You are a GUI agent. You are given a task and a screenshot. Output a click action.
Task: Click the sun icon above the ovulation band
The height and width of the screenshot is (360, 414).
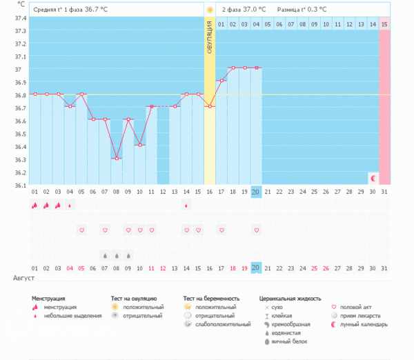[210, 10]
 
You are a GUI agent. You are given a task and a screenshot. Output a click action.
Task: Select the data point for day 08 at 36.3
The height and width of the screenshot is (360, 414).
[117, 159]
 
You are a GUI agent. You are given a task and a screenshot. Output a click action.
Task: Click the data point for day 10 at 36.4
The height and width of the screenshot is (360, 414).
[140, 145]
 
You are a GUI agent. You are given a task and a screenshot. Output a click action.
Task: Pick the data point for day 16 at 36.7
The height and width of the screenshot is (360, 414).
[210, 106]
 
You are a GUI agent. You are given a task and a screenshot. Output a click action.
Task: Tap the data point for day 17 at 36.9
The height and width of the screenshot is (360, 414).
[221, 81]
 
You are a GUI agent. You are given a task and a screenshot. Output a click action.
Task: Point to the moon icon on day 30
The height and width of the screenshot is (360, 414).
[373, 178]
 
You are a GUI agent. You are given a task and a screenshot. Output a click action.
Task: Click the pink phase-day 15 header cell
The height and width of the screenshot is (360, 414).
[384, 24]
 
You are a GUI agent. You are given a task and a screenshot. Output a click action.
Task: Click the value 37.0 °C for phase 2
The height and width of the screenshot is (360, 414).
[253, 10]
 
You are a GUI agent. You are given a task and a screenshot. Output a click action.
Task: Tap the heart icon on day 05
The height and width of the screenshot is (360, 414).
[81, 230]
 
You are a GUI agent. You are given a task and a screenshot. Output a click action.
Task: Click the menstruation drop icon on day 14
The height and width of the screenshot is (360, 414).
[186, 205]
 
